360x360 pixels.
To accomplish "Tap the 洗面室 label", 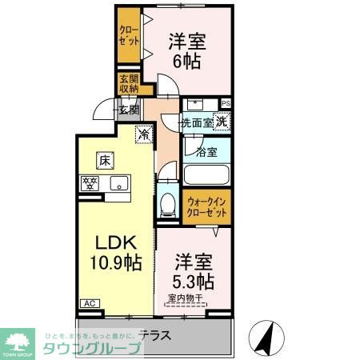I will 195,123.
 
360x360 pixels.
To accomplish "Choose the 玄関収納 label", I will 129,83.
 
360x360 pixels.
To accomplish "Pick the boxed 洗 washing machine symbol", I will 222,122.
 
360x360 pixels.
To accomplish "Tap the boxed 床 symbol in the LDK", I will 104,160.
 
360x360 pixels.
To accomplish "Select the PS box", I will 226,103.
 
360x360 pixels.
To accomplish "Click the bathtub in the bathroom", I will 207,175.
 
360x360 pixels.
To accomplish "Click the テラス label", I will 154,334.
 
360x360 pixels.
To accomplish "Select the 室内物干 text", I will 186,300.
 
